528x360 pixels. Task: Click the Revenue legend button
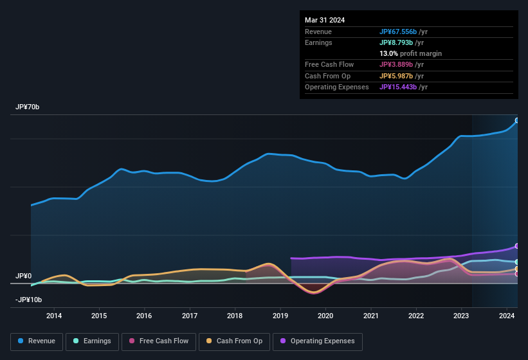pos(37,341)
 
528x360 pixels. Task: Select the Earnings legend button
pos(93,341)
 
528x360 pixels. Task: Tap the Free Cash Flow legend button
pos(159,341)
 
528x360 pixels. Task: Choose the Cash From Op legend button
pos(234,341)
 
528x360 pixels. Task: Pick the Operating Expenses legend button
pos(318,341)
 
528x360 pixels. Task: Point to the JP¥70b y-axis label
pos(28,107)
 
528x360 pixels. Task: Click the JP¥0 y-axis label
pos(24,276)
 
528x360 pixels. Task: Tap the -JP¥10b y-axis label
pos(29,300)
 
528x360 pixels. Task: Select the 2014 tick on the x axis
pos(54,316)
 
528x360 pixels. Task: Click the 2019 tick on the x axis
pos(280,316)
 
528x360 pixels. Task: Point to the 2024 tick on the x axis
pos(507,316)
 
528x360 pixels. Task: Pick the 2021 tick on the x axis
pos(371,316)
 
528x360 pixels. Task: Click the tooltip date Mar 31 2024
pos(325,20)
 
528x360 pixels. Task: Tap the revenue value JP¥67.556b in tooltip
pos(403,32)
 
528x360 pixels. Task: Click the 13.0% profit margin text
pos(410,53)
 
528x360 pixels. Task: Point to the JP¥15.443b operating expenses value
pos(403,87)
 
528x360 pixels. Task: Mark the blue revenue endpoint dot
pos(517,120)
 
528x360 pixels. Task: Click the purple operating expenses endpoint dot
pos(517,246)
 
